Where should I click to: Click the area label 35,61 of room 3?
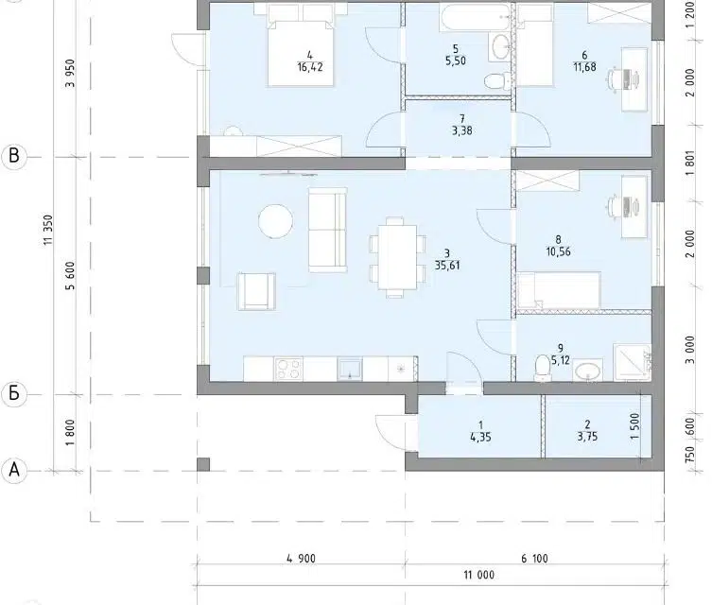tap(447, 266)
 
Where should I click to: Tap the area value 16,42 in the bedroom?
tap(310, 67)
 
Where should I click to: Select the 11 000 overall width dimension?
tap(479, 575)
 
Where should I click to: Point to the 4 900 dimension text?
tap(301, 559)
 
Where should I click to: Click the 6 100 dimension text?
tap(534, 559)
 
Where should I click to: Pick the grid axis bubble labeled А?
tap(14, 471)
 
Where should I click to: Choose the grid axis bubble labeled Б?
tap(14, 393)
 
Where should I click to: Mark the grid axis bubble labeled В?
tap(14, 157)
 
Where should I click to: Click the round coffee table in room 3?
tap(275, 221)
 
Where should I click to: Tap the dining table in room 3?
tap(395, 257)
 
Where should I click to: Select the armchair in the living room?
tap(256, 291)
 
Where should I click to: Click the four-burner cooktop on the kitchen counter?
tap(288, 369)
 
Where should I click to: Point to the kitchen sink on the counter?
tap(350, 369)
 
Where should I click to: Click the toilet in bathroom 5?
tap(495, 81)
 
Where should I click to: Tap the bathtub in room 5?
tap(476, 17)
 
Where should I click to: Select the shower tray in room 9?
tap(632, 363)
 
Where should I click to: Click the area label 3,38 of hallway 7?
tap(461, 130)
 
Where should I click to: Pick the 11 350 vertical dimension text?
tap(48, 230)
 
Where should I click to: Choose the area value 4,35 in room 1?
tap(480, 437)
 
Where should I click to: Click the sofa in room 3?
tap(328, 231)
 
